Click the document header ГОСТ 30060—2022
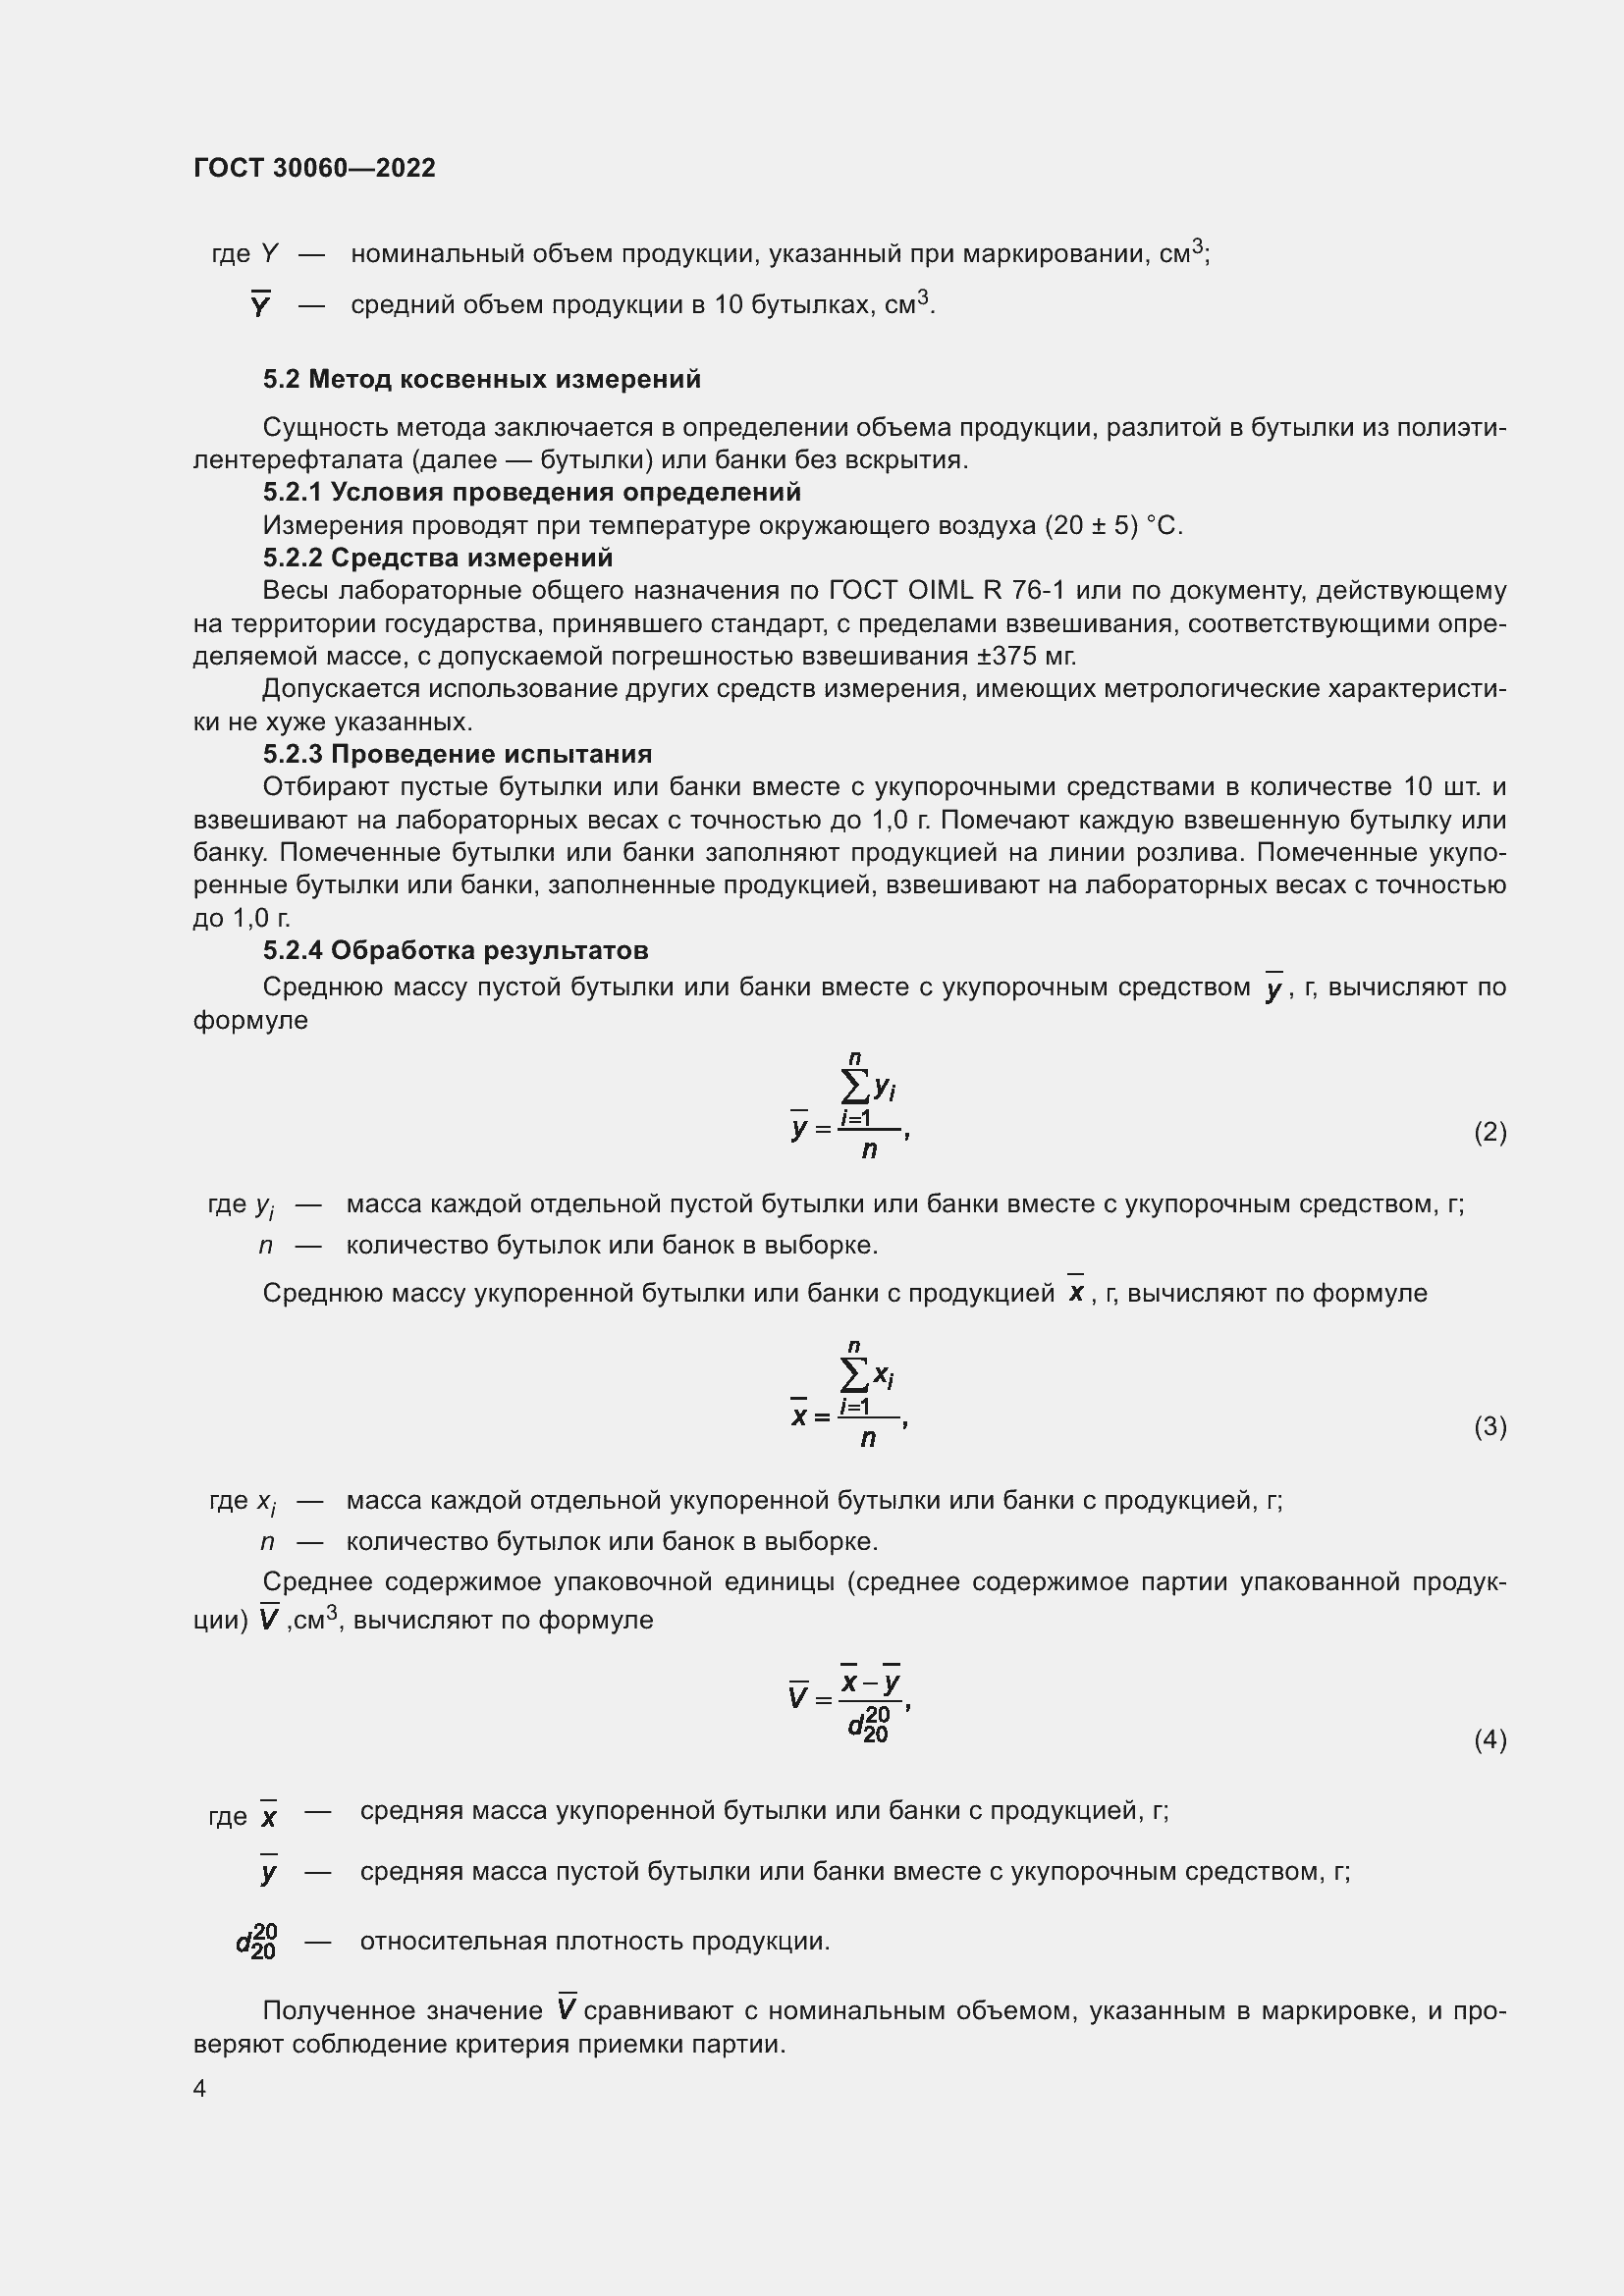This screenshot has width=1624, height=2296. click(314, 168)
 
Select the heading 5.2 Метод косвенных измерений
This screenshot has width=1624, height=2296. click(481, 379)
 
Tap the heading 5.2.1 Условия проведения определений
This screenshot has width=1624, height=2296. click(531, 492)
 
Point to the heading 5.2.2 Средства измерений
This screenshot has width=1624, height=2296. click(437, 557)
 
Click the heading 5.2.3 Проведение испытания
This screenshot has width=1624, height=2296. click(457, 754)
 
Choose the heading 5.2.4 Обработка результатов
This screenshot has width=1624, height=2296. click(455, 950)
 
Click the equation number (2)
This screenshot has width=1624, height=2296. click(1489, 1132)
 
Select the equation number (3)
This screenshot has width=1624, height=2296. click(1489, 1426)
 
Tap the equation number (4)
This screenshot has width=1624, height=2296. click(1489, 1740)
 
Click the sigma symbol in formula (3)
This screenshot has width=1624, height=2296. click(855, 1376)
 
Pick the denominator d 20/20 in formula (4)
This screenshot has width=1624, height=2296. click(868, 1727)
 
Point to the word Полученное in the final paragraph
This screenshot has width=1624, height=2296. click(338, 2010)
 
